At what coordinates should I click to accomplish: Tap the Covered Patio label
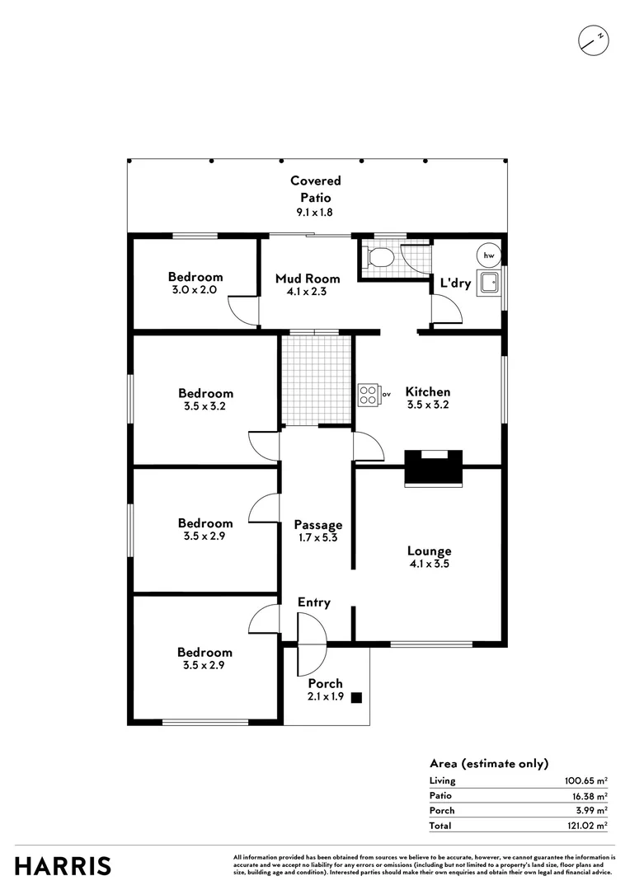[x=315, y=189]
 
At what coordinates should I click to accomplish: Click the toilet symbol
[x=379, y=257]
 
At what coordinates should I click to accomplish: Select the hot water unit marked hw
[x=489, y=255]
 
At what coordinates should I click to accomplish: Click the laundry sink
[x=490, y=283]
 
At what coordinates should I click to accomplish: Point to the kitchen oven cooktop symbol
[x=369, y=396]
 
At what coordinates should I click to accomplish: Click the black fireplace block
[x=434, y=469]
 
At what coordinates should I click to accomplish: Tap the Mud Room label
[x=308, y=279]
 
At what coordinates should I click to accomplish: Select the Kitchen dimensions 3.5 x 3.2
[x=428, y=405]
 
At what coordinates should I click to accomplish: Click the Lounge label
[x=429, y=551]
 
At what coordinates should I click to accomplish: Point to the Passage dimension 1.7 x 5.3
[x=318, y=538]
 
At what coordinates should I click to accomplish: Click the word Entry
[x=314, y=602]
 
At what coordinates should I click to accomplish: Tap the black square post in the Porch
[x=356, y=698]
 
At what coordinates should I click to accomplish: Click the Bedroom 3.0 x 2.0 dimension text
[x=195, y=290]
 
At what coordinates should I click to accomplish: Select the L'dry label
[x=455, y=283]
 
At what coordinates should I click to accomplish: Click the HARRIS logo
[x=63, y=866]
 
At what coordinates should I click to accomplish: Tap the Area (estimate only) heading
[x=488, y=764]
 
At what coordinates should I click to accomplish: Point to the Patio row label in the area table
[x=441, y=796]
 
